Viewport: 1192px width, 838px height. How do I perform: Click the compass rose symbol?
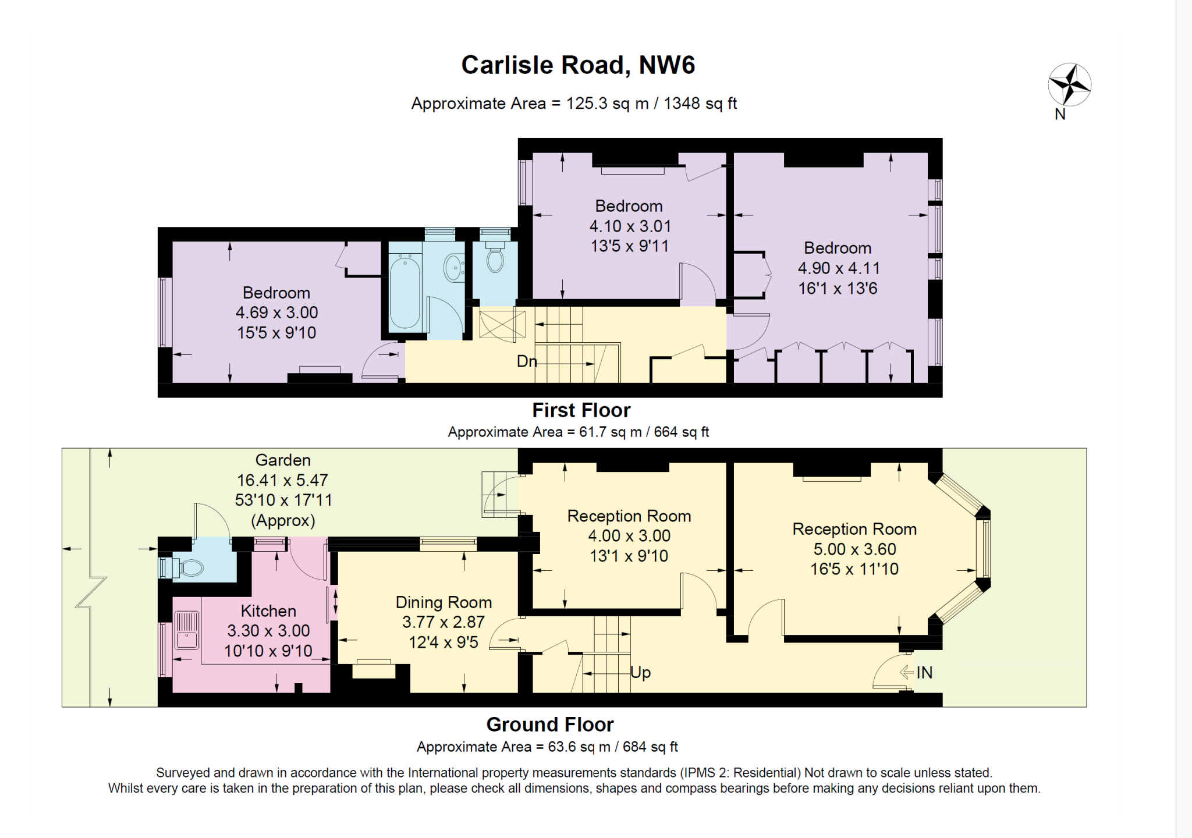point(1069,85)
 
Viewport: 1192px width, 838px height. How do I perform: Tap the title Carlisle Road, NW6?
point(578,65)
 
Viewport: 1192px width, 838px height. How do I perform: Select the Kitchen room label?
point(268,611)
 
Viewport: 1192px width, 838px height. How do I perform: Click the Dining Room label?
point(444,602)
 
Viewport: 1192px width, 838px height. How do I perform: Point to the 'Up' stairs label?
point(640,673)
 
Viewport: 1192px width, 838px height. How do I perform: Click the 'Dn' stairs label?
point(526,361)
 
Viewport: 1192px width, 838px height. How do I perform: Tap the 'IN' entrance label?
point(924,673)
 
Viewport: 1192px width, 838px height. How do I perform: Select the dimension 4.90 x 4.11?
point(838,268)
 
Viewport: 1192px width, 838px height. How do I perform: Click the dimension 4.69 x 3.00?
point(276,313)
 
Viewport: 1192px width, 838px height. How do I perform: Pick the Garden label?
point(283,460)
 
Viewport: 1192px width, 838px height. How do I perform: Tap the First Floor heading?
point(581,410)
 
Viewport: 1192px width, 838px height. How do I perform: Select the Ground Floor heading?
point(550,725)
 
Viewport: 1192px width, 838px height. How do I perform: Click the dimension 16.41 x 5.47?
point(282,480)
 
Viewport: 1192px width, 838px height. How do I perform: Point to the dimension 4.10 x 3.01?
point(629,226)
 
